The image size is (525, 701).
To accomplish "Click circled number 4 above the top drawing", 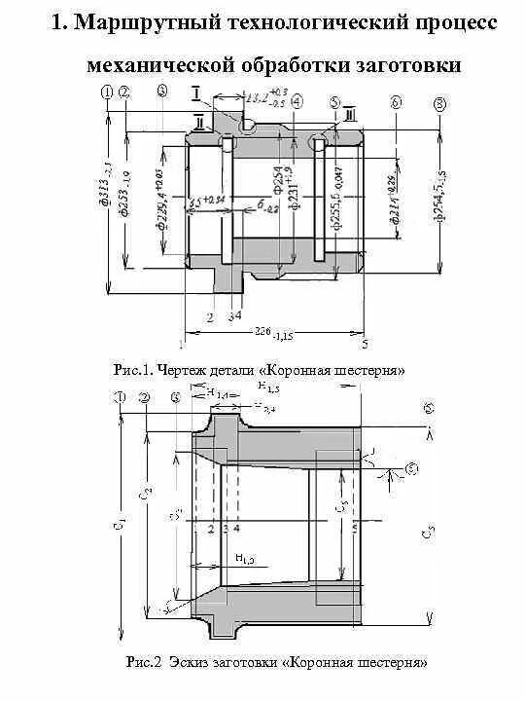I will [296, 100].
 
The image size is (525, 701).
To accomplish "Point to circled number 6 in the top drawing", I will [395, 102].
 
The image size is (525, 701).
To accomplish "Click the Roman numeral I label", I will [197, 93].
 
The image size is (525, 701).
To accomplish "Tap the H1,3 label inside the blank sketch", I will [244, 558].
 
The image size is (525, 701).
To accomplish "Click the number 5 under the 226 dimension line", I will [365, 343].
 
